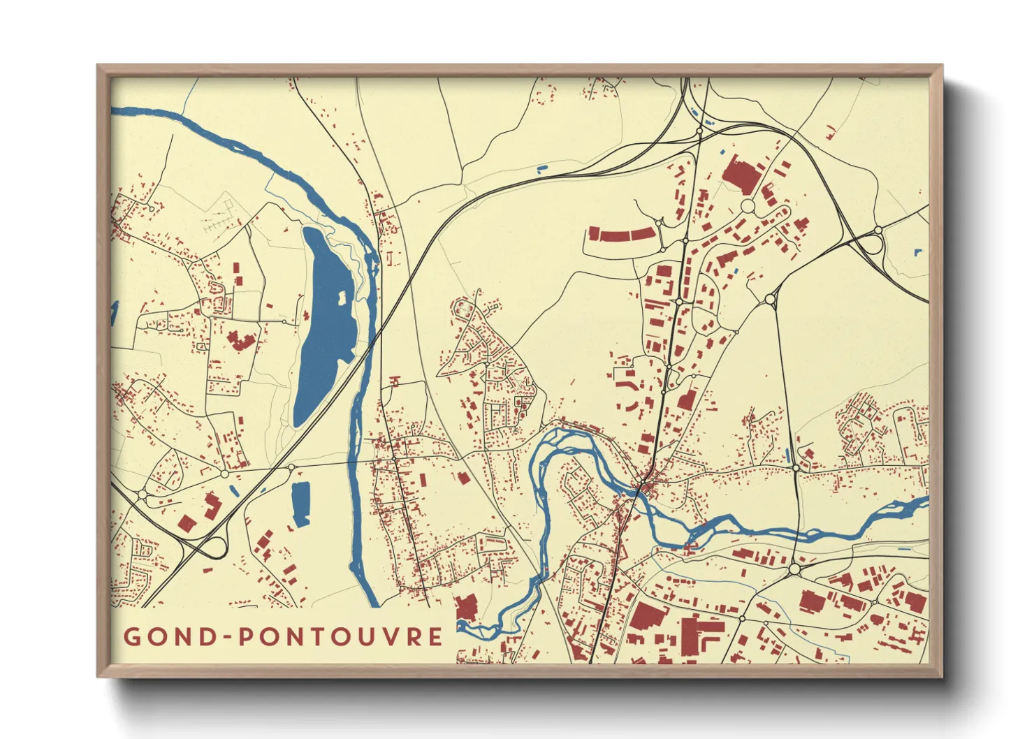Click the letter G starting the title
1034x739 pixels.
click(x=132, y=637)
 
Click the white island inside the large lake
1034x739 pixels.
click(x=342, y=298)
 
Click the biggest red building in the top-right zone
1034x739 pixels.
click(x=741, y=175)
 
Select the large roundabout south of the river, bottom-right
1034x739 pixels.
click(x=794, y=569)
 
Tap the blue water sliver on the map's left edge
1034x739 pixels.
click(x=114, y=313)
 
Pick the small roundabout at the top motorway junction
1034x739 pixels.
click(x=699, y=131)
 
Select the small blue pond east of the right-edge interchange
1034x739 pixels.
click(x=918, y=252)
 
